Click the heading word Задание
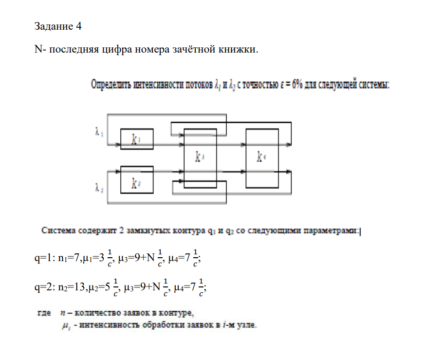(54, 26)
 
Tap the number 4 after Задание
(79, 26)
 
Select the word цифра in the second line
(117, 50)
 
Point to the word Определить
(111, 85)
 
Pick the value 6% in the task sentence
(296, 84)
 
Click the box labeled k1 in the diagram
(137, 139)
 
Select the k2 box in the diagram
(137, 180)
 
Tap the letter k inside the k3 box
(198, 157)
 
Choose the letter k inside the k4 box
(259, 157)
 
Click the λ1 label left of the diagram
(99, 132)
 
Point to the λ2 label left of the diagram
(99, 188)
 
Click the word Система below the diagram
(58, 230)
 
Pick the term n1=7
(69, 258)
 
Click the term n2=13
(72, 287)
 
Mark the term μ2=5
(99, 287)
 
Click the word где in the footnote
(44, 313)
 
